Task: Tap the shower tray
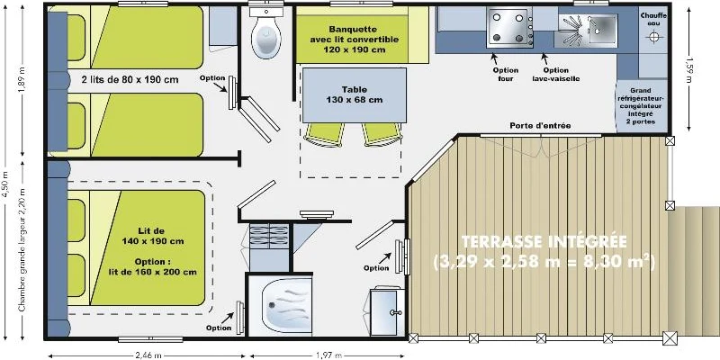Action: tap(280, 304)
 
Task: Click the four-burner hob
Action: tap(509, 28)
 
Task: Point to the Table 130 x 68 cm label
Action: tap(354, 94)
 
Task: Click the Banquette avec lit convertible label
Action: tap(354, 40)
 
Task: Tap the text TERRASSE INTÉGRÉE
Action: tap(544, 241)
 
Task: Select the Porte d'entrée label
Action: tap(540, 126)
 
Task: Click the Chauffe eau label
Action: tap(653, 19)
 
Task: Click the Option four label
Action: tap(506, 75)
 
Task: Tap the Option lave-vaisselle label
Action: tap(556, 75)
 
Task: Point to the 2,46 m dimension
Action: tap(148, 355)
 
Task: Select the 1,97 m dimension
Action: tap(329, 355)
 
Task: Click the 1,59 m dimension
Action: tap(688, 68)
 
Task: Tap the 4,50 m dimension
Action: tap(5, 184)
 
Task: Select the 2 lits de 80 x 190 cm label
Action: tap(130, 79)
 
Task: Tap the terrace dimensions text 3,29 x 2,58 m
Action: tap(544, 263)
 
